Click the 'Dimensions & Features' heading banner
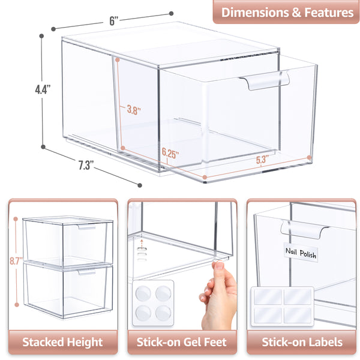tap(287, 11)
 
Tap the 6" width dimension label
tap(114, 19)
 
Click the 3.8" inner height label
tap(134, 110)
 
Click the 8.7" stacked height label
tap(16, 261)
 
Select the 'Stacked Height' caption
tap(62, 343)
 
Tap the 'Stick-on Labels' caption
tap(302, 343)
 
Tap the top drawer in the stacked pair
tap(68, 242)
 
